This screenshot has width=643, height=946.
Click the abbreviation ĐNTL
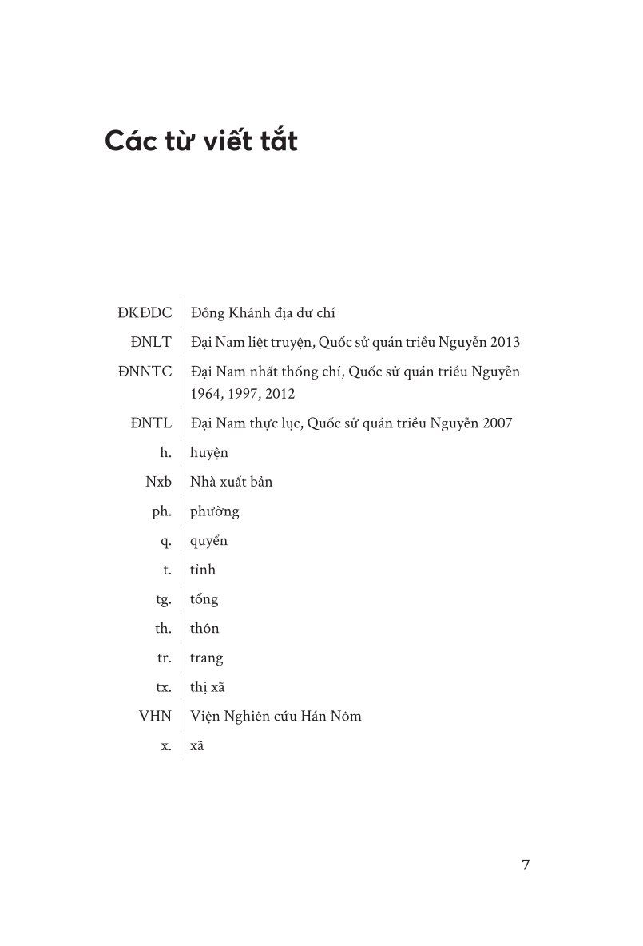pyautogui.click(x=152, y=423)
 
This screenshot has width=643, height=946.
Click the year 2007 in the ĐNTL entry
pyautogui.click(x=496, y=423)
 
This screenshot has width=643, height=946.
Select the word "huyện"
pyautogui.click(x=209, y=453)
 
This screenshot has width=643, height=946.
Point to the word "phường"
pyautogui.click(x=215, y=511)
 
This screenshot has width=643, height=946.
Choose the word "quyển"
pyautogui.click(x=209, y=541)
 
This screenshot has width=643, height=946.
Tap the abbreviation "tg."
pyautogui.click(x=163, y=599)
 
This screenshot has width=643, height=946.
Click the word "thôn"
pyautogui.click(x=204, y=628)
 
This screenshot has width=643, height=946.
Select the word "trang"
pyautogui.click(x=207, y=658)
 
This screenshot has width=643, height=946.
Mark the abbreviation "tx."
pyautogui.click(x=163, y=687)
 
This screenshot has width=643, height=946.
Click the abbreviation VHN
pyautogui.click(x=154, y=716)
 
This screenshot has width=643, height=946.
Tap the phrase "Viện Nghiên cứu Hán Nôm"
pyautogui.click(x=276, y=716)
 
